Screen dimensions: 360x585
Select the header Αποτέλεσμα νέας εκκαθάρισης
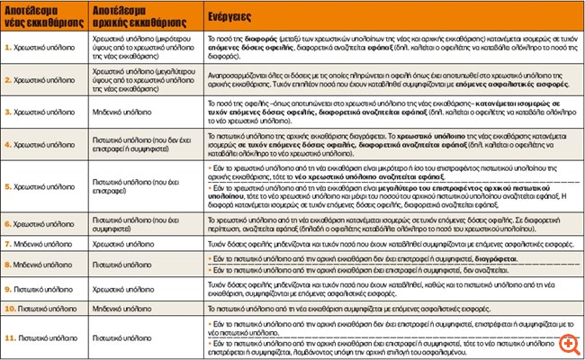click(x=41, y=16)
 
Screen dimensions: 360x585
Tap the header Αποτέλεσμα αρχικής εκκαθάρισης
click(x=130, y=16)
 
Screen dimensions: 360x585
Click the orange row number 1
click(x=8, y=44)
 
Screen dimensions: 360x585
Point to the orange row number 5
click(x=8, y=186)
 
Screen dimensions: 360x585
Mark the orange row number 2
click(x=8, y=80)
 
